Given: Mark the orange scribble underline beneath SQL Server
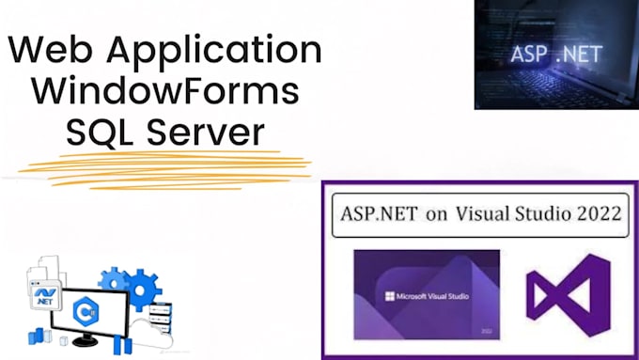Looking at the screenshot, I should (x=165, y=170).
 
